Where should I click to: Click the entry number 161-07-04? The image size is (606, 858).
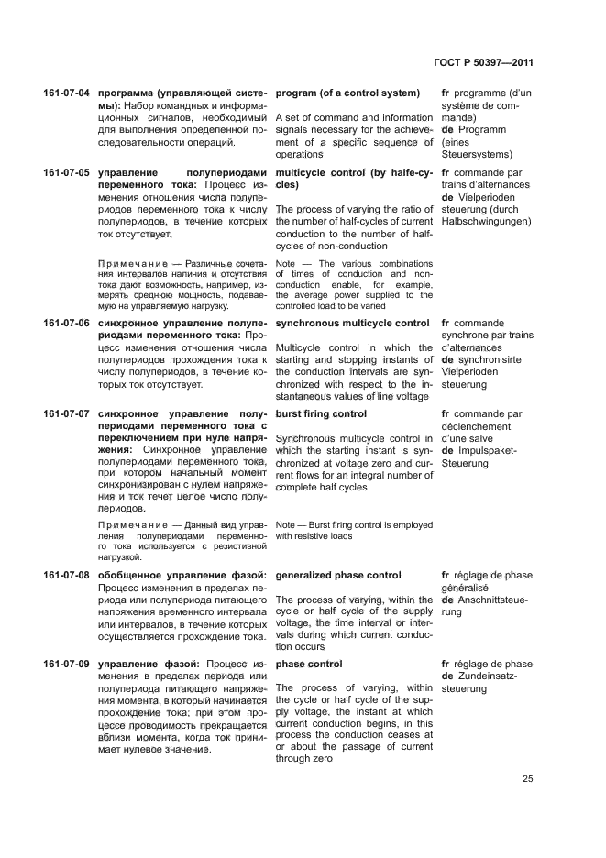pyautogui.click(x=67, y=93)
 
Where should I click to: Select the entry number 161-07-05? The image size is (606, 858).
pyautogui.click(x=67, y=172)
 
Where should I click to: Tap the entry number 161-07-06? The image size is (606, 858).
pyautogui.click(x=67, y=324)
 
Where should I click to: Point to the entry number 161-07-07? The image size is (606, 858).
pyautogui.click(x=67, y=414)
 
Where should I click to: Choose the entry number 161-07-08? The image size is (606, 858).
pyautogui.click(x=67, y=575)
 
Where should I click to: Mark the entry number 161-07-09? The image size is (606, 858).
pyautogui.click(x=67, y=664)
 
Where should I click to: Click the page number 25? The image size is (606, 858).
pyautogui.click(x=528, y=779)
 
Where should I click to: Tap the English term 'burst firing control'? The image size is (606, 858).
pyautogui.click(x=321, y=414)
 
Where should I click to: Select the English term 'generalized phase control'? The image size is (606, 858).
pyautogui.click(x=337, y=575)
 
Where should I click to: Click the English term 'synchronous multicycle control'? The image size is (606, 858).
pyautogui.click(x=352, y=324)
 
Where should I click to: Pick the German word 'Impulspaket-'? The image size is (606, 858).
pyautogui.click(x=487, y=451)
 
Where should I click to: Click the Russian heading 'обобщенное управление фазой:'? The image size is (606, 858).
pyautogui.click(x=182, y=575)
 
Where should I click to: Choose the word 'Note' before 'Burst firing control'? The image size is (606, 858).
pyautogui.click(x=286, y=525)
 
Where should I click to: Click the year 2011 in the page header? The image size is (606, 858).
pyautogui.click(x=519, y=63)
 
